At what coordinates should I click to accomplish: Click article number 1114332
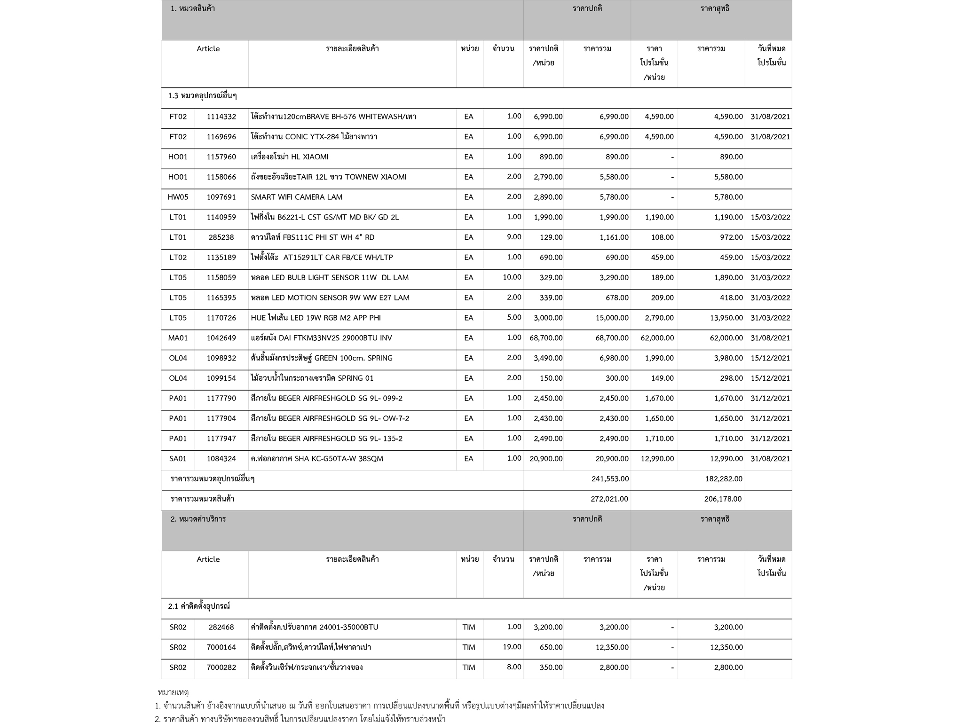pyautogui.click(x=221, y=117)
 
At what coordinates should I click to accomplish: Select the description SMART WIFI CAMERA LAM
pyautogui.click(x=296, y=197)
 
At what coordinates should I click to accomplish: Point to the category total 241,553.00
pyautogui.click(x=610, y=479)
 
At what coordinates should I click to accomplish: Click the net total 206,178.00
pyautogui.click(x=723, y=499)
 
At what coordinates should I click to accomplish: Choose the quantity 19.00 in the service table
pyautogui.click(x=512, y=647)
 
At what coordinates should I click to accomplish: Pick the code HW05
pyautogui.click(x=178, y=197)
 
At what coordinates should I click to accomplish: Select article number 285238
pyautogui.click(x=221, y=237)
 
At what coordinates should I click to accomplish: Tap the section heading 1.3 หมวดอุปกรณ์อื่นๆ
pyautogui.click(x=202, y=96)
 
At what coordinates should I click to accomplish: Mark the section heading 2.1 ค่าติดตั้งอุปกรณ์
pyautogui.click(x=199, y=606)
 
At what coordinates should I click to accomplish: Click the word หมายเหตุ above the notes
pyautogui.click(x=173, y=692)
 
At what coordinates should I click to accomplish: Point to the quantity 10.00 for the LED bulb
pyautogui.click(x=512, y=277)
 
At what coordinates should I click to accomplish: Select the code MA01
pyautogui.click(x=178, y=338)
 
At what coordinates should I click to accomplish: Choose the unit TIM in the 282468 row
pyautogui.click(x=468, y=627)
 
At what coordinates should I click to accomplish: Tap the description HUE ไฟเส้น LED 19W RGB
pyautogui.click(x=316, y=318)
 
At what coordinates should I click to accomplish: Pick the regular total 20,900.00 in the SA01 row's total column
pyautogui.click(x=612, y=459)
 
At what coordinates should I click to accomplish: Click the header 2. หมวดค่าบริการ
pyautogui.click(x=198, y=519)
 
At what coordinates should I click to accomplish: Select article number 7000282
pyautogui.click(x=221, y=667)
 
